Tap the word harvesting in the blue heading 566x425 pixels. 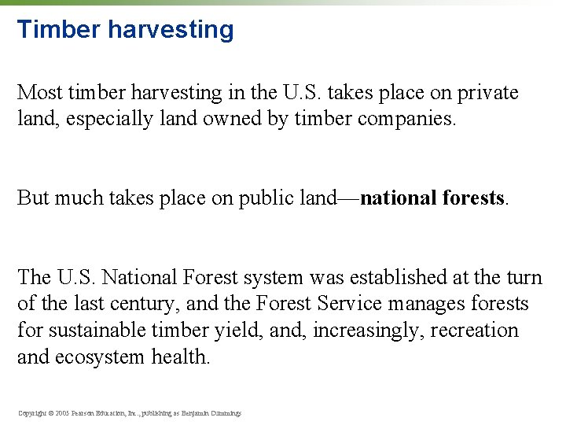click(x=171, y=30)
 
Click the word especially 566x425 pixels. click(x=105, y=120)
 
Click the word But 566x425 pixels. click(x=34, y=198)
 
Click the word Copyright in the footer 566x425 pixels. click(x=31, y=412)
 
